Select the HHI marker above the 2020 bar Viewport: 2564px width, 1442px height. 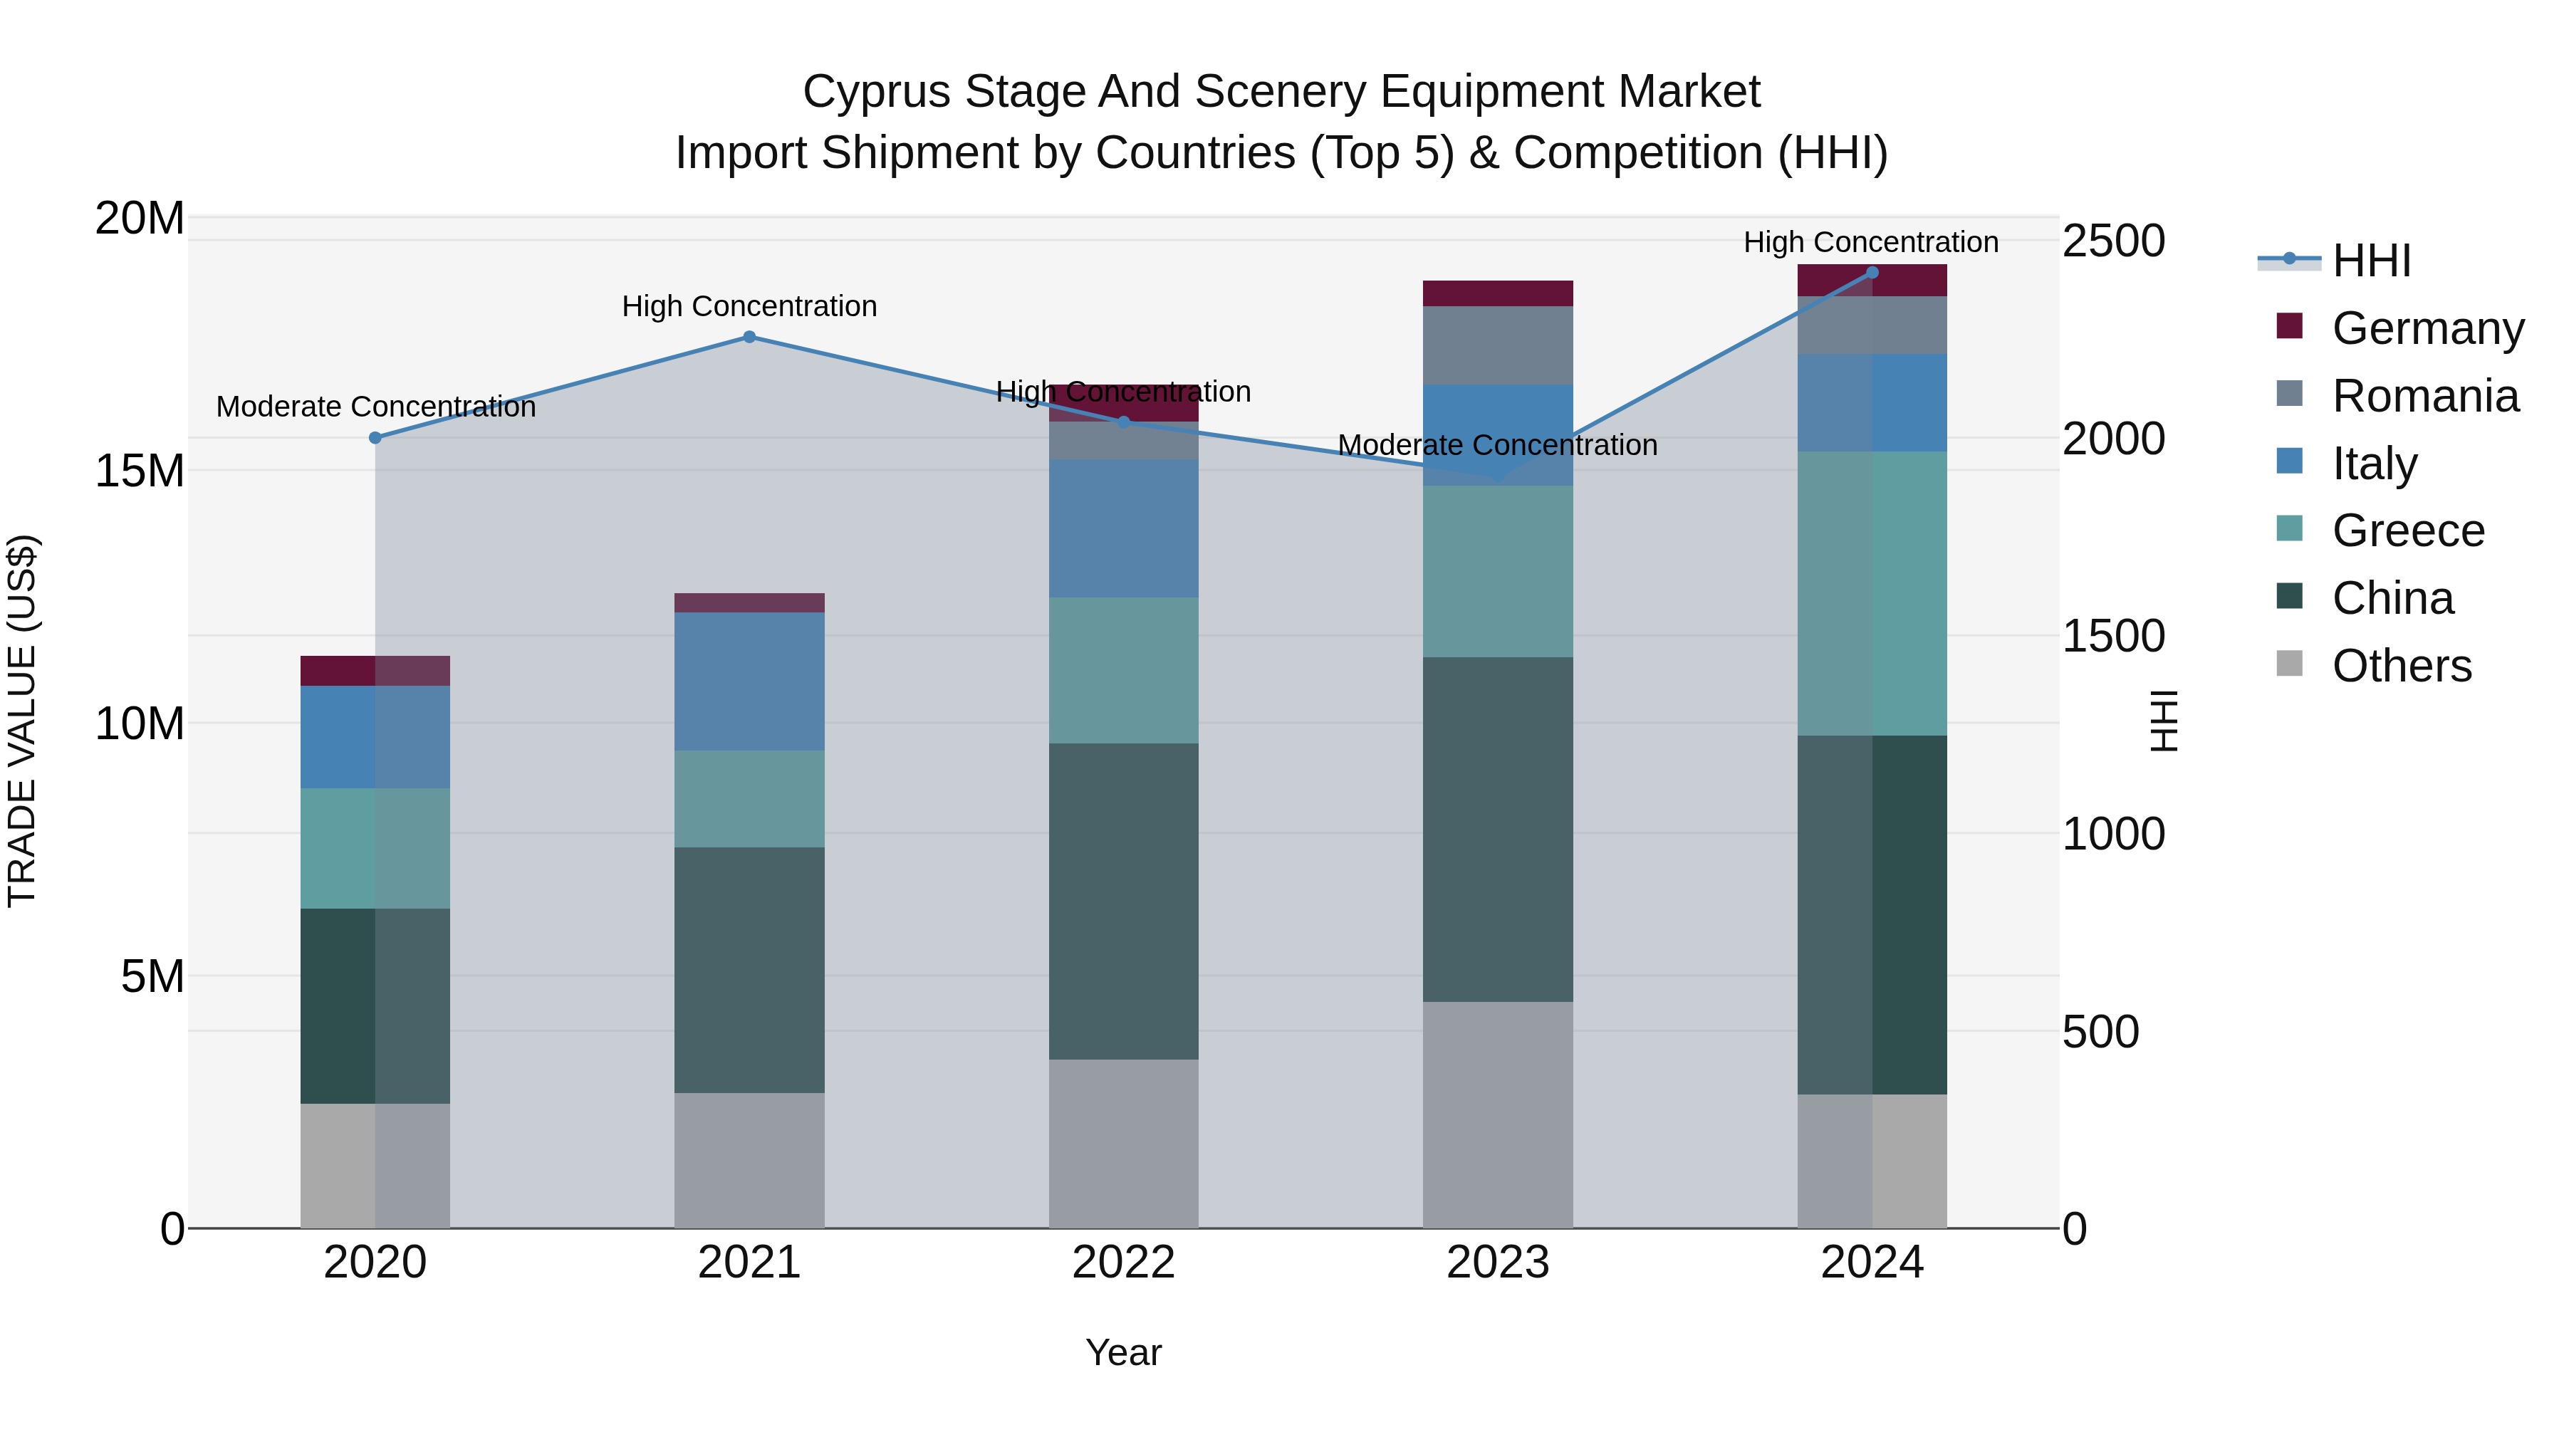(x=375, y=438)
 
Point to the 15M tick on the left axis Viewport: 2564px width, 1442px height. (x=140, y=471)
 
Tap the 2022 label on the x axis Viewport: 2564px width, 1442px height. (x=1124, y=1263)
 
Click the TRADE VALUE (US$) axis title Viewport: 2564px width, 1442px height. (x=22, y=721)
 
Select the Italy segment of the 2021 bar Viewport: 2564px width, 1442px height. (x=749, y=681)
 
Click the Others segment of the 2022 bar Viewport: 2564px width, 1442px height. (x=1124, y=1144)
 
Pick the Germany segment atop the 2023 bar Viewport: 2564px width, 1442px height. (x=1498, y=293)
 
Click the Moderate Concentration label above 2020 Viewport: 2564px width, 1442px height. (x=375, y=407)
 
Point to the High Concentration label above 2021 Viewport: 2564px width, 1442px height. (x=749, y=306)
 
